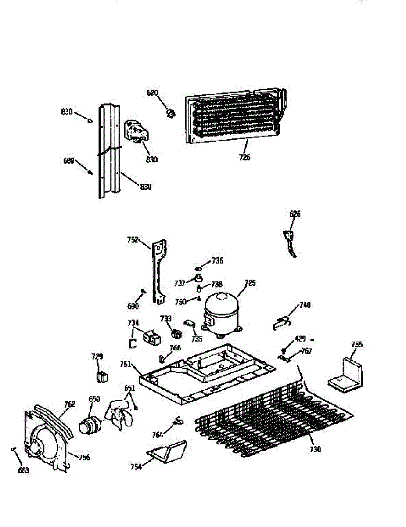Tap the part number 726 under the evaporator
click(244, 157)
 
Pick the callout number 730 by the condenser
click(315, 449)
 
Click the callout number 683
click(23, 470)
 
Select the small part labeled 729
click(102, 376)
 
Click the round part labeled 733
click(176, 334)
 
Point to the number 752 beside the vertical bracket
click(133, 240)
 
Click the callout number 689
click(68, 161)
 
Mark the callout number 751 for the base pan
click(126, 364)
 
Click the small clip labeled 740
click(281, 323)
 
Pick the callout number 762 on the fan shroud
click(70, 404)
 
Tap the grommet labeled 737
click(200, 278)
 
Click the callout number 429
click(300, 339)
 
